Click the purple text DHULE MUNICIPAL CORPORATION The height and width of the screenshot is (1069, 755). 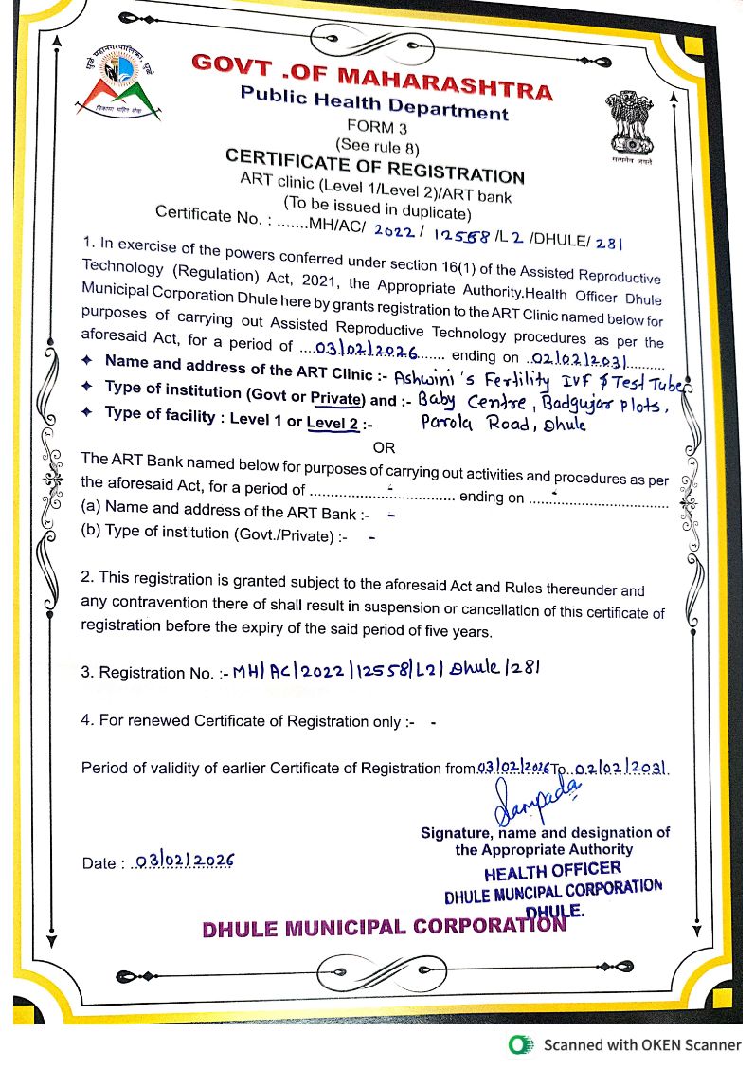[384, 927]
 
